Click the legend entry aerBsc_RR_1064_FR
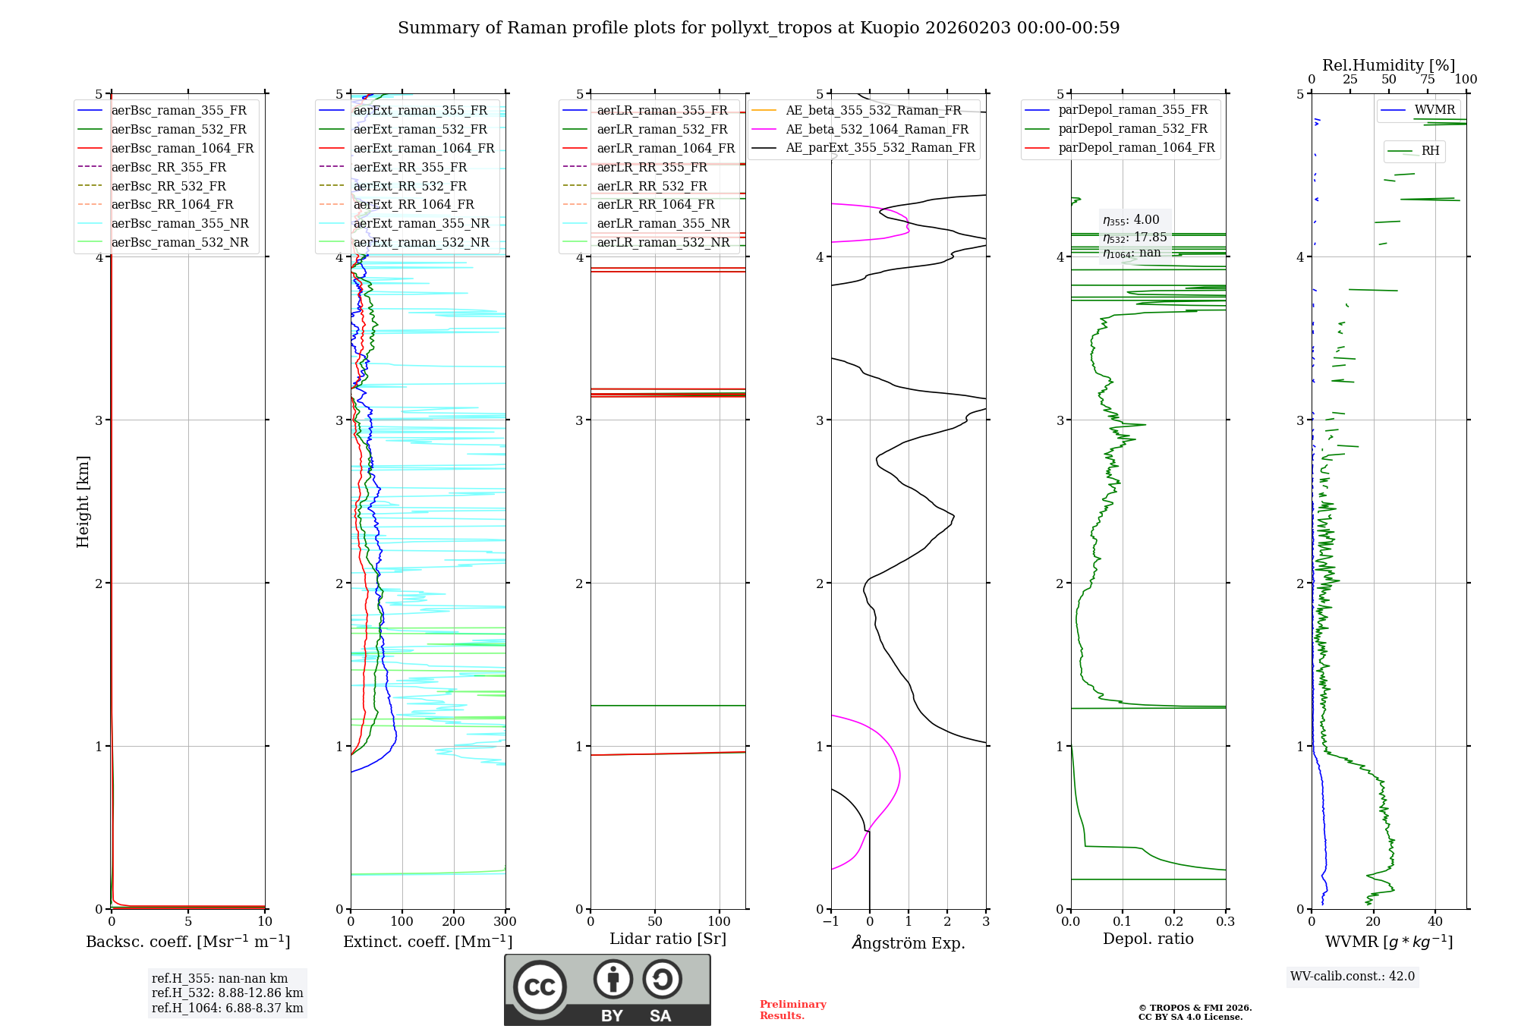click(172, 205)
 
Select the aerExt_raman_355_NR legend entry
click(420, 224)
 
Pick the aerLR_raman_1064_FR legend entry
click(665, 149)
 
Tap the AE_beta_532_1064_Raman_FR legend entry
click(877, 130)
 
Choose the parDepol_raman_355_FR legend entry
click(1132, 110)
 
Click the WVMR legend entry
click(1434, 110)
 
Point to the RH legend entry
click(1430, 151)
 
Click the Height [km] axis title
click(83, 502)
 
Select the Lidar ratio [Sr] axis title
click(668, 939)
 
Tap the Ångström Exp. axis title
click(909, 943)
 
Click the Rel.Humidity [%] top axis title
click(1388, 65)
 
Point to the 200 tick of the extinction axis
click(453, 922)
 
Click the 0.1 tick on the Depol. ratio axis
click(1122, 922)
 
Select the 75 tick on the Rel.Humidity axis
click(1428, 80)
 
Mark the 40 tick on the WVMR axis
click(1435, 922)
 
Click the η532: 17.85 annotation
click(1135, 238)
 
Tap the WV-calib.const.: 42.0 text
click(1353, 977)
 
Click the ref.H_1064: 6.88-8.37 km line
click(227, 1008)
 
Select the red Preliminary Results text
click(792, 1010)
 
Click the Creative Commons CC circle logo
click(540, 987)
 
